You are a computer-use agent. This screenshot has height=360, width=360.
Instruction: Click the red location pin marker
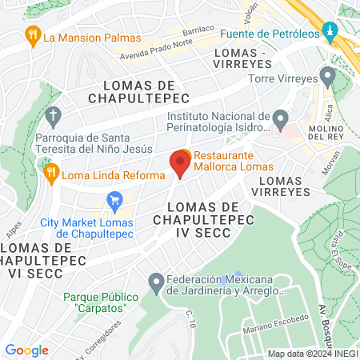(x=179, y=164)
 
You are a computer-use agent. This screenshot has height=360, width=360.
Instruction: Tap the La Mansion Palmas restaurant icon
(x=33, y=36)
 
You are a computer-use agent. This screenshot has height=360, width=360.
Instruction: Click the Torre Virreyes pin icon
(x=326, y=77)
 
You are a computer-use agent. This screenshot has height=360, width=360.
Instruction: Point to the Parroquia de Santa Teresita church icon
(x=54, y=117)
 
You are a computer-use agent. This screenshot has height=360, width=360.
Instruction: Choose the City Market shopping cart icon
(x=114, y=199)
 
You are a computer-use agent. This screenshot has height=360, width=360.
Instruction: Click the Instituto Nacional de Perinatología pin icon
(x=280, y=120)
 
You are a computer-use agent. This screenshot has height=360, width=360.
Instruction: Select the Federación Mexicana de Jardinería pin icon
(x=157, y=282)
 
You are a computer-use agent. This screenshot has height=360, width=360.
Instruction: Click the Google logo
(x=27, y=350)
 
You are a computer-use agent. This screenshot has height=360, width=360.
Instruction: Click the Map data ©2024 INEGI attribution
(x=312, y=354)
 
